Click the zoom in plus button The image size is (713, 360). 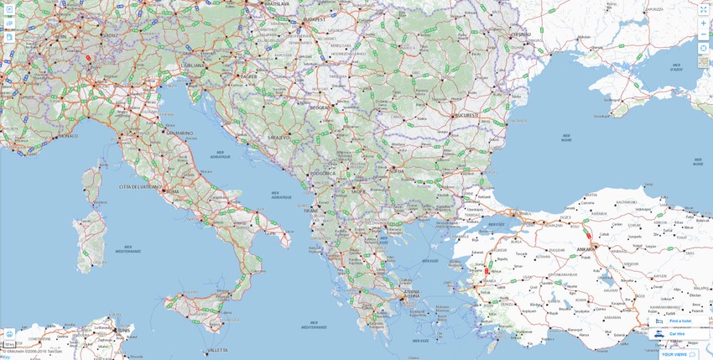coord(703,23)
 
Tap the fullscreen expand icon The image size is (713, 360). coord(703,9)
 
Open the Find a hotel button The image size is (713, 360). coord(679,321)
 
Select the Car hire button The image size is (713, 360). coord(676,334)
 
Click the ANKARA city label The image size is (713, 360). coord(585,249)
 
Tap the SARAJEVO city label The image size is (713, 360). coord(278,137)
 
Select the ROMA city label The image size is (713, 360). coord(173,191)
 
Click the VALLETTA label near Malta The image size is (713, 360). coord(217,350)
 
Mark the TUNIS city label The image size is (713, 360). coord(124,331)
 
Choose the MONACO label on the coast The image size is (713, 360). coord(67,136)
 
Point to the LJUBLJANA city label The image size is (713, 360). coord(192,64)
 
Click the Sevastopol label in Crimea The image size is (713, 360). coord(617,105)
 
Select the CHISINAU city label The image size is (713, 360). coord(522,34)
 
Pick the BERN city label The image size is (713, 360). coord(60,37)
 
